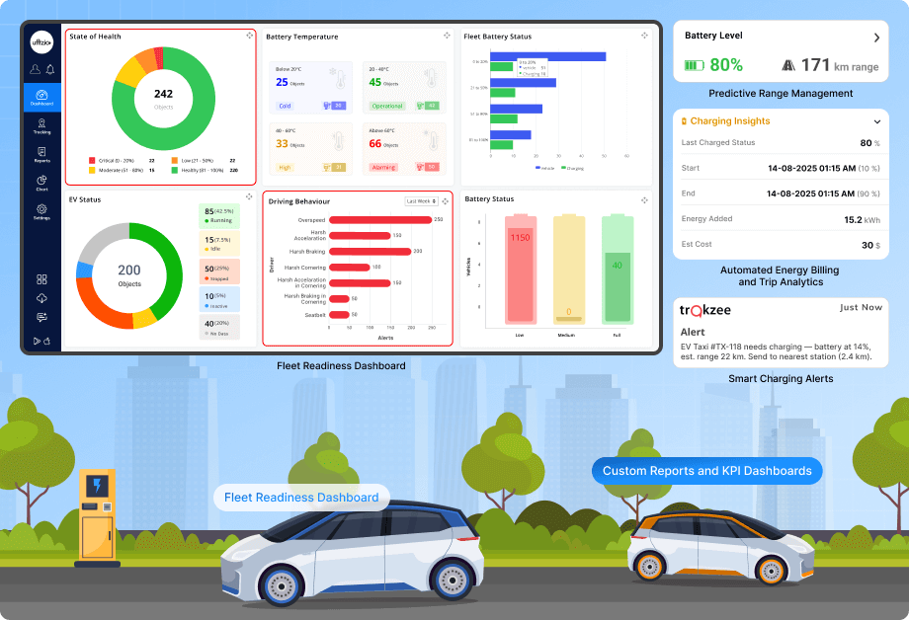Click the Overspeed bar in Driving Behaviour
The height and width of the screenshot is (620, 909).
pos(380,219)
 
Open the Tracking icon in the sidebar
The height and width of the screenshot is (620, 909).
pos(41,124)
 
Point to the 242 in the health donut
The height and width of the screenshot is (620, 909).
pos(163,94)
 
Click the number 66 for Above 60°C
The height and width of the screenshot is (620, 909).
pos(375,143)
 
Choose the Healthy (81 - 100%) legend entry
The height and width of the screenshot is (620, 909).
pos(202,170)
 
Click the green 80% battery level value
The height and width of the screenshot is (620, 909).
pos(725,65)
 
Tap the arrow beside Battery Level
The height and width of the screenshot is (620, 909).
pos(875,38)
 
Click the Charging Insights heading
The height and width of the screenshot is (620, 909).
pos(730,121)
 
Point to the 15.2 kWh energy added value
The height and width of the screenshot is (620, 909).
pos(855,219)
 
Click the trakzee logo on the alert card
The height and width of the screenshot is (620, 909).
pos(705,309)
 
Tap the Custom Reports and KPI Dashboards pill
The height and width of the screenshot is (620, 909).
pos(706,471)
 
